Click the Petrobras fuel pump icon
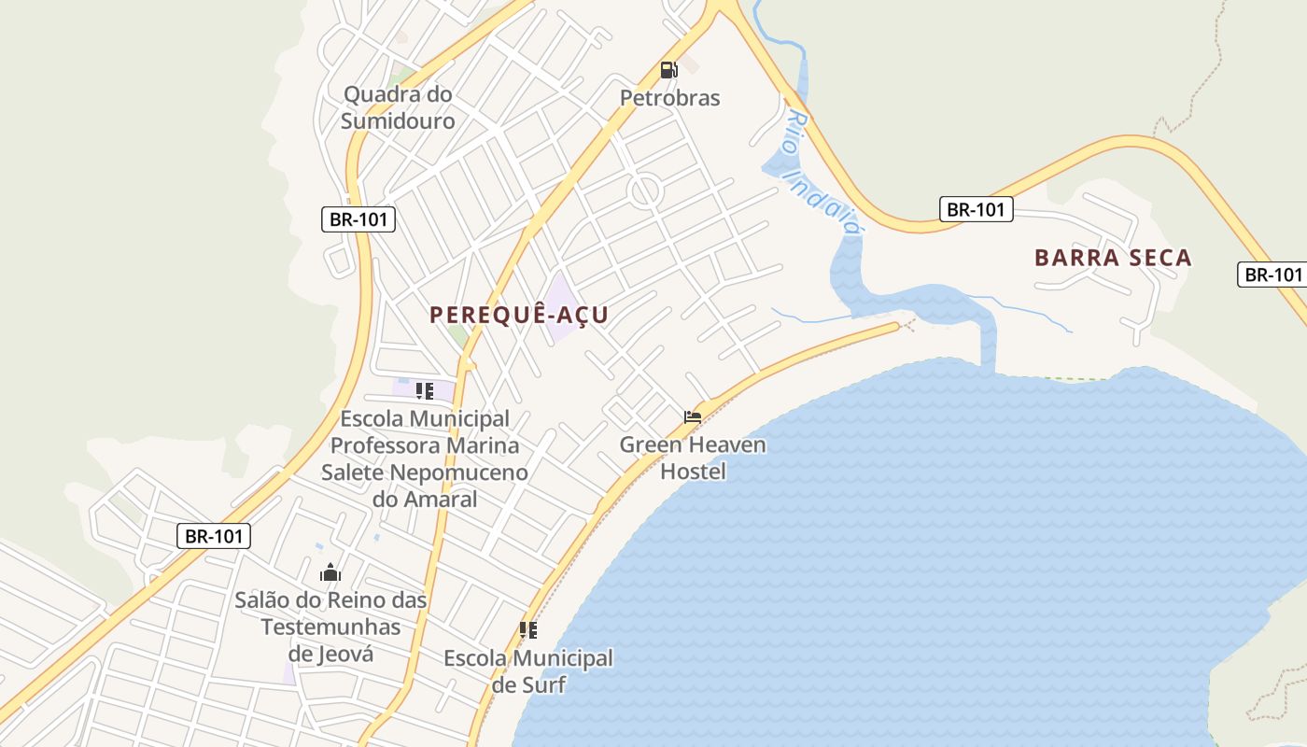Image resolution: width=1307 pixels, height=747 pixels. pyautogui.click(x=668, y=70)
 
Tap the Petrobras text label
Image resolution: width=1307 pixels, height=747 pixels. pyautogui.click(x=670, y=98)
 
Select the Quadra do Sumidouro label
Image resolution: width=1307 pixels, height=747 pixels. pyautogui.click(x=398, y=107)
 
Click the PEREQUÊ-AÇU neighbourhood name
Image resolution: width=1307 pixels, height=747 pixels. pyautogui.click(x=519, y=315)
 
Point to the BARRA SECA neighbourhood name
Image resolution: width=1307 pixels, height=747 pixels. pyautogui.click(x=1113, y=259)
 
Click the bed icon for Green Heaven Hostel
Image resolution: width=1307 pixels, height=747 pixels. pyautogui.click(x=693, y=417)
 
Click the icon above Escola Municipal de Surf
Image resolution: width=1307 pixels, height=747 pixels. pyautogui.click(x=528, y=630)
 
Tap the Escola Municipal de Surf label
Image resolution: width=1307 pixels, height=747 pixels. pyautogui.click(x=528, y=671)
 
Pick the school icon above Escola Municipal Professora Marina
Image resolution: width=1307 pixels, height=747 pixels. pyautogui.click(x=425, y=391)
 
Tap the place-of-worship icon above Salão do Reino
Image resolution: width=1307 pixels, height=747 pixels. pyautogui.click(x=330, y=572)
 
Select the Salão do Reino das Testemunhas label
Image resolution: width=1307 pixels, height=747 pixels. pyautogui.click(x=330, y=613)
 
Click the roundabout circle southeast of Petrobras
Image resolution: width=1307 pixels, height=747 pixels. pyautogui.click(x=645, y=192)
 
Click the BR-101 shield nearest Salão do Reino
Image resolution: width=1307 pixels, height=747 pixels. pyautogui.click(x=214, y=536)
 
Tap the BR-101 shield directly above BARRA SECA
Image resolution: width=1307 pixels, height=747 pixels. pyautogui.click(x=976, y=209)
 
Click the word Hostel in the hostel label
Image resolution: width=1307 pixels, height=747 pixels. pyautogui.click(x=693, y=472)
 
